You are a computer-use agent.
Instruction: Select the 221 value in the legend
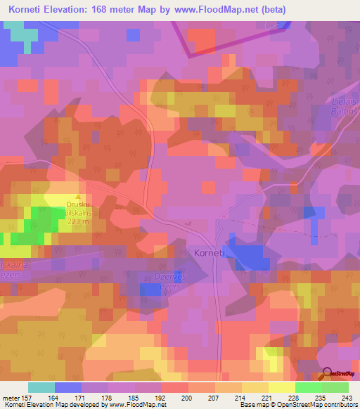point(268,397)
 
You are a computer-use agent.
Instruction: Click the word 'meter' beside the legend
point(11,397)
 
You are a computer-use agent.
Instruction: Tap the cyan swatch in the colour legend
point(41,387)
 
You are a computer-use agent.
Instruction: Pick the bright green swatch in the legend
point(309,387)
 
